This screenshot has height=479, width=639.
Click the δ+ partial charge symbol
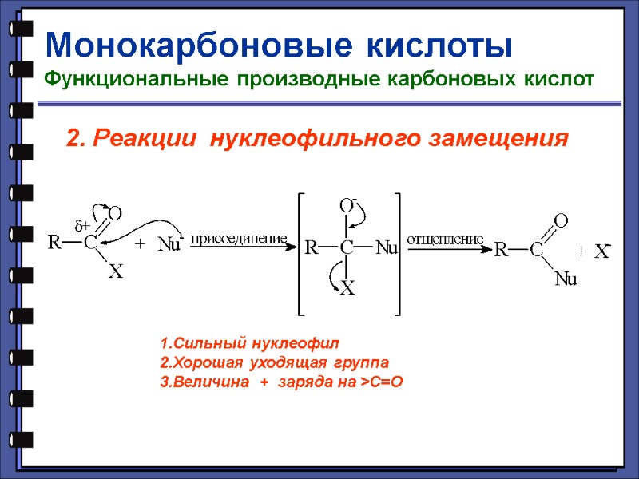(83, 226)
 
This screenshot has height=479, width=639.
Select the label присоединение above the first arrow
(239, 239)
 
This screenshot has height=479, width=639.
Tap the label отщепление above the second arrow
(446, 239)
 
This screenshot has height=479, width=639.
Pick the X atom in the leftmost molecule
(115, 273)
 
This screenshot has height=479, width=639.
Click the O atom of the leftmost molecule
(115, 213)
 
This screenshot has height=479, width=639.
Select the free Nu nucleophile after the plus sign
(169, 244)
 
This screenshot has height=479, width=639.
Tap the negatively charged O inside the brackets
(347, 206)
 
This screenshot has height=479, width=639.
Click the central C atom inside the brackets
(347, 248)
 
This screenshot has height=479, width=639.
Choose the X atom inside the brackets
(347, 290)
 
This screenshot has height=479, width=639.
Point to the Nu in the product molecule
(566, 279)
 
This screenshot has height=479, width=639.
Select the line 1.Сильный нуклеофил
(249, 344)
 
